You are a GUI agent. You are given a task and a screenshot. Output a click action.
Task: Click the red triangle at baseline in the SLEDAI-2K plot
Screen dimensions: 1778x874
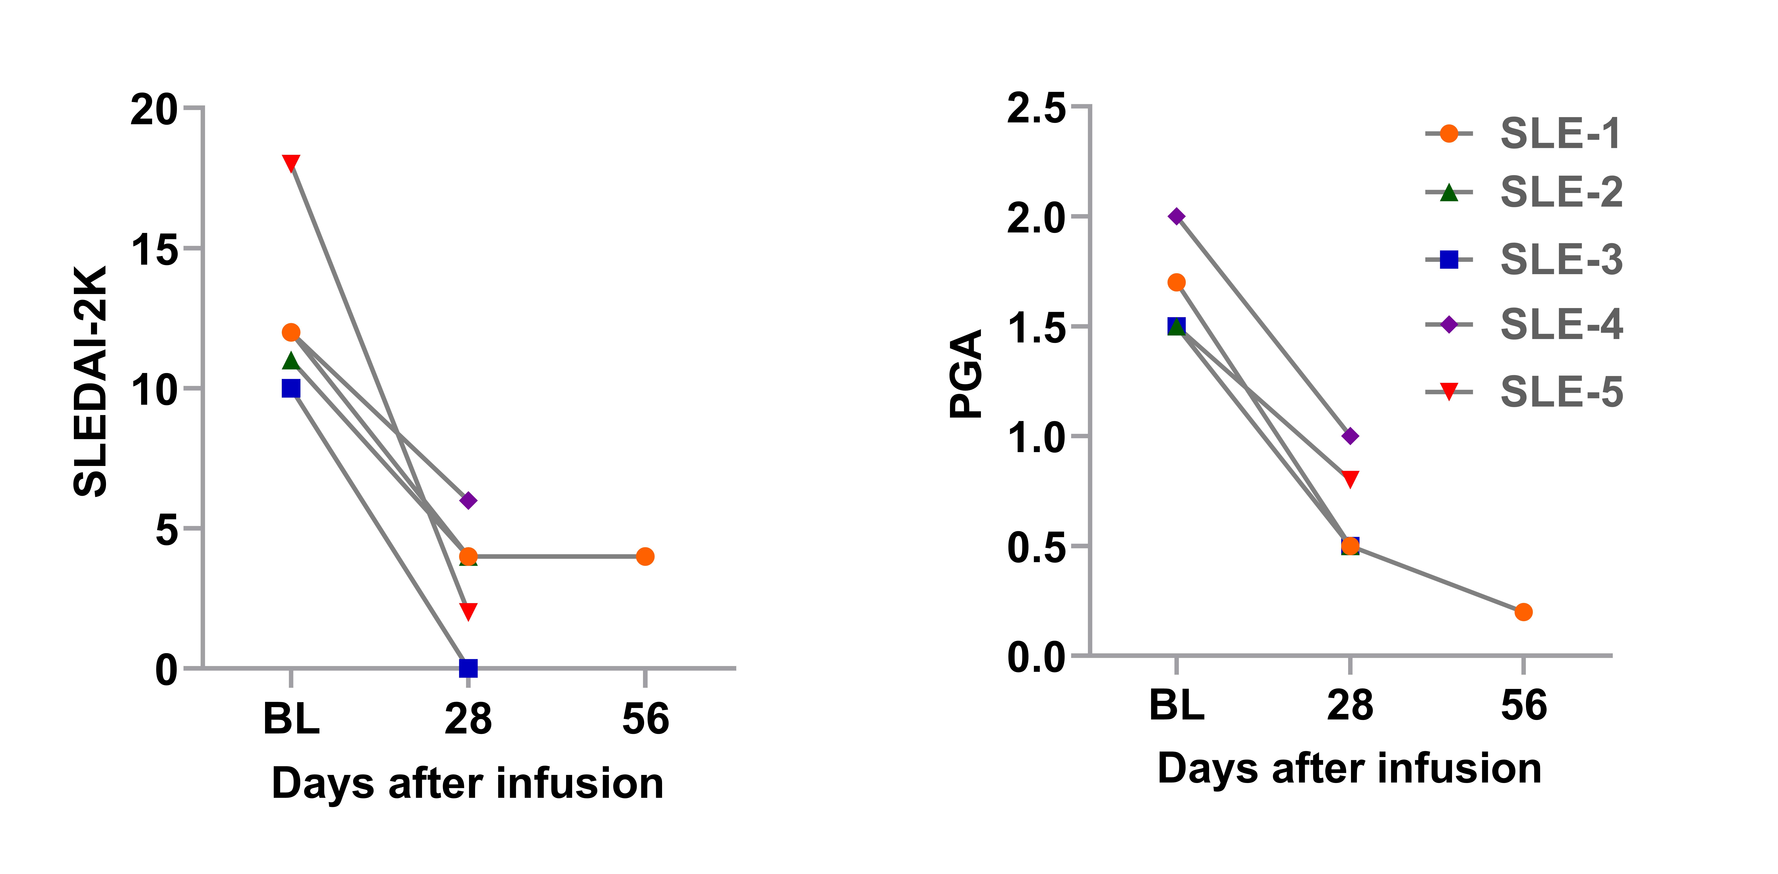tap(291, 162)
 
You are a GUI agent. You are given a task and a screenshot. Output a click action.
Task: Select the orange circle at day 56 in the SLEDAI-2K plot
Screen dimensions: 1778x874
tap(645, 556)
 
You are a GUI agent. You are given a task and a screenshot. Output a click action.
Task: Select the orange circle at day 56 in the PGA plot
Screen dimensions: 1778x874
tap(1523, 612)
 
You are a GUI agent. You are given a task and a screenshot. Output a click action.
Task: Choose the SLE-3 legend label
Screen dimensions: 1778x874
tap(1561, 260)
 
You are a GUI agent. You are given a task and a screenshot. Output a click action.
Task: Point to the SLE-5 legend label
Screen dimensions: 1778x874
tap(1561, 392)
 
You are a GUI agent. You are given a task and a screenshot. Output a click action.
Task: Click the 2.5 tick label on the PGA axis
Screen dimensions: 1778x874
tap(1036, 108)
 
